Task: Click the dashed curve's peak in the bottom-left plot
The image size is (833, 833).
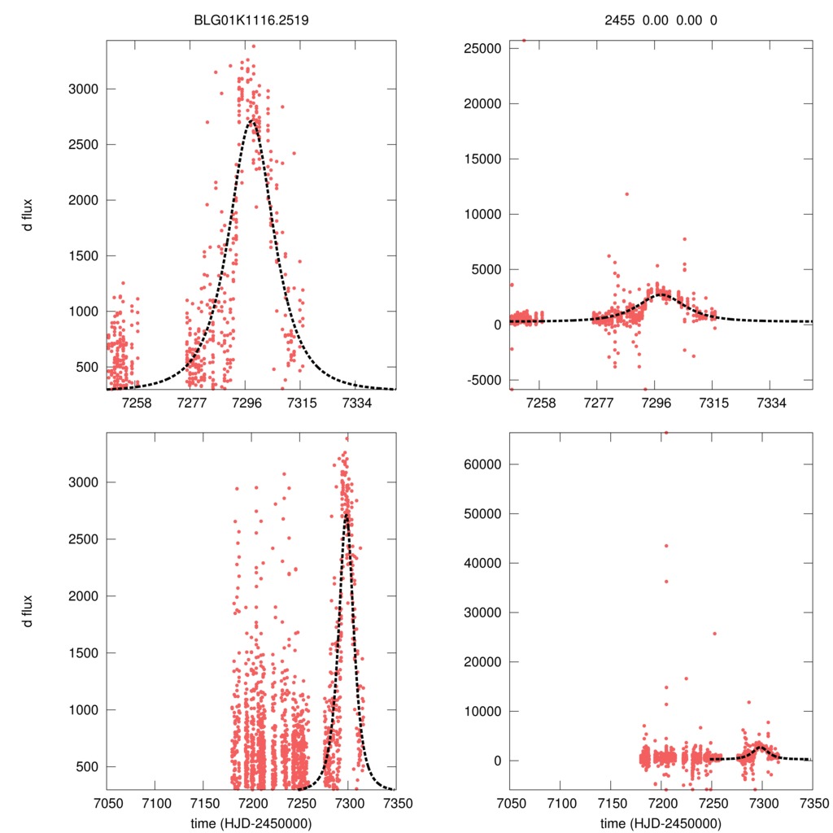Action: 347,514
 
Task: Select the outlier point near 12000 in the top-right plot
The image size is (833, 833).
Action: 626,194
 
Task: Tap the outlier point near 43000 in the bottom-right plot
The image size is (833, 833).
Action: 665,545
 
